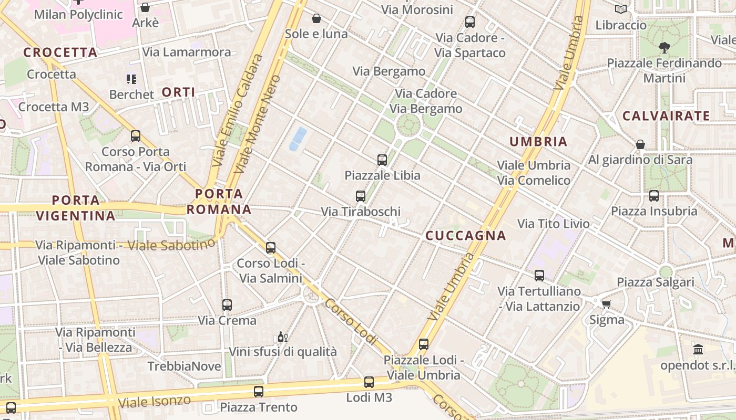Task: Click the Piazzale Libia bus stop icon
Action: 382,160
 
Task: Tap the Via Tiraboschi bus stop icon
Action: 361,196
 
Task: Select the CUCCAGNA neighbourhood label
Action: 465,236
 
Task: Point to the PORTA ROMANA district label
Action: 219,202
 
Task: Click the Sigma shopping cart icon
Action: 607,304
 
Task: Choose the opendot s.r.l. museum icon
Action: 698,350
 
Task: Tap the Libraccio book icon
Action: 621,9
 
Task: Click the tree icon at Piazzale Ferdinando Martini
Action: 665,48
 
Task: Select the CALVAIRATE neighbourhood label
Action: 666,116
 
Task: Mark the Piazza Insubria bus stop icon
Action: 654,196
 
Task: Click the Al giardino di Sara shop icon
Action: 640,144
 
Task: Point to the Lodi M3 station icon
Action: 369,382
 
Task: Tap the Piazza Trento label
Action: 259,407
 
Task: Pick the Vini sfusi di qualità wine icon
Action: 282,337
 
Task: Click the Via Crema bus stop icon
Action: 227,305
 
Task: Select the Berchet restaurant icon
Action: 131,79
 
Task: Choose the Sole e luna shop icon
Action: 316,19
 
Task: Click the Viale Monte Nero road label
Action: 258,124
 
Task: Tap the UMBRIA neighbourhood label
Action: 538,141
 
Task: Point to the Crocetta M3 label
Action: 54,107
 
